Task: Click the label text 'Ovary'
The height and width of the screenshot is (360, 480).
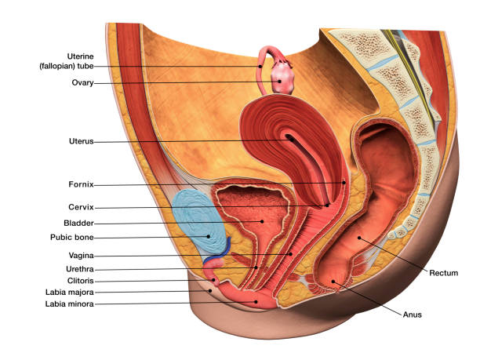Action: point(82,82)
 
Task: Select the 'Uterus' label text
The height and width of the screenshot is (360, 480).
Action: point(81,142)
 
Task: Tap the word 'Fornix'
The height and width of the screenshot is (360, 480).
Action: point(81,185)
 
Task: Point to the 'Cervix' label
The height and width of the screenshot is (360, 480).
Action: point(81,207)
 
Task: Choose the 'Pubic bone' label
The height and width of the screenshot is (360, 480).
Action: point(73,237)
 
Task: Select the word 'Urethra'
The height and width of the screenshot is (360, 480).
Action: point(78,268)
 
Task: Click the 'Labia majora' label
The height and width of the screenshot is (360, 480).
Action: point(71,292)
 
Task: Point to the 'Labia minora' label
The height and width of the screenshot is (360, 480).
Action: point(71,304)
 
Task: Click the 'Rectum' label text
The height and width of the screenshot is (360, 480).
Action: point(443,273)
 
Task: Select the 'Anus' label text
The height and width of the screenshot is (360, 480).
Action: point(413,315)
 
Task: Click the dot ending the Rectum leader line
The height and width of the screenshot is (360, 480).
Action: point(359,236)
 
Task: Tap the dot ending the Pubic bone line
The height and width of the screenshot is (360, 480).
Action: point(208,236)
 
